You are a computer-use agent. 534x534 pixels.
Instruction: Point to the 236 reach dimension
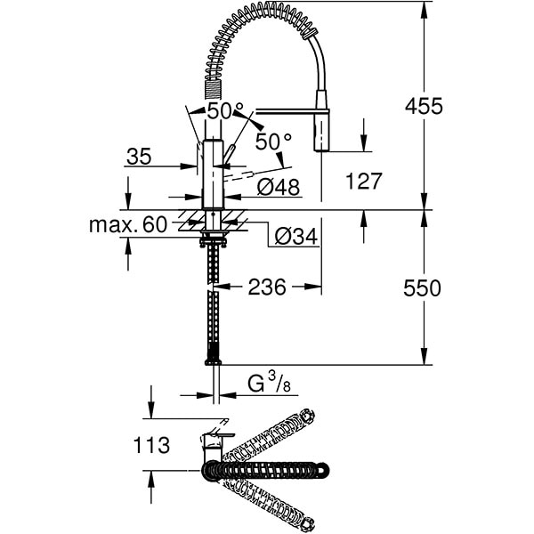pos(266,287)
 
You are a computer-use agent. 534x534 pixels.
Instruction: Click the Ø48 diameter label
pos(278,187)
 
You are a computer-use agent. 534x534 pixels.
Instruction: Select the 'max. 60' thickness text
pos(128,224)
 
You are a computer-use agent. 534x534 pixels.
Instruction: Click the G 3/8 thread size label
pos(270,384)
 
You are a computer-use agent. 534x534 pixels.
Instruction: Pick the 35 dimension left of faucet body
pos(138,158)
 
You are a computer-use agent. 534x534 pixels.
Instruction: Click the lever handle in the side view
pos(231,153)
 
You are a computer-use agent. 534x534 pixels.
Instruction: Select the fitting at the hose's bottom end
pos(213,360)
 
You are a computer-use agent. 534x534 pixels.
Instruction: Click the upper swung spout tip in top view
pos(308,416)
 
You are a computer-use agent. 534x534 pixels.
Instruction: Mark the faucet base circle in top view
pos(212,469)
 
